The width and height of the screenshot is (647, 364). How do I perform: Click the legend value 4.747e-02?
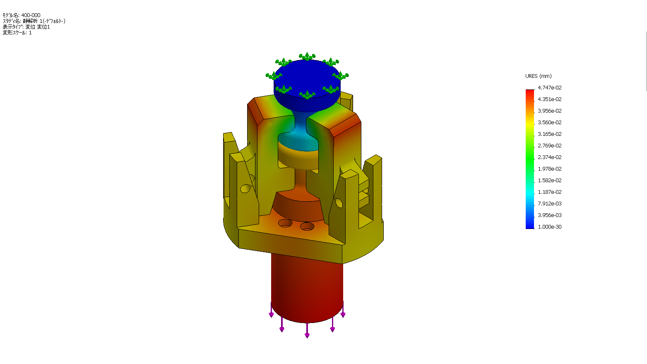coord(549,88)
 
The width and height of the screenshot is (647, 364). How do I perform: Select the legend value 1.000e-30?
coord(549,227)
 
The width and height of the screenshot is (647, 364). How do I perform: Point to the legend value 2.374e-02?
coord(549,157)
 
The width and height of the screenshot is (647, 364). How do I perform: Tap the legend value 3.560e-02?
coord(549,123)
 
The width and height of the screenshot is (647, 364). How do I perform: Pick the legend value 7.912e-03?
coord(549,204)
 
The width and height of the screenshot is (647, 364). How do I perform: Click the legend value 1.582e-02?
coord(549,181)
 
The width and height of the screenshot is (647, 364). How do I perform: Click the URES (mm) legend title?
coord(538,76)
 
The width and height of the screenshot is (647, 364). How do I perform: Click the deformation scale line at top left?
coord(17,33)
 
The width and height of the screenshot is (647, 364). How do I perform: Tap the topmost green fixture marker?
coord(307,57)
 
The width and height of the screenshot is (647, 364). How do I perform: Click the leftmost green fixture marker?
coord(274,76)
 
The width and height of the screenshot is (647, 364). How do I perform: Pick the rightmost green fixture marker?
coord(341,76)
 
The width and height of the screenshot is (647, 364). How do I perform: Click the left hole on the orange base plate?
coord(285,223)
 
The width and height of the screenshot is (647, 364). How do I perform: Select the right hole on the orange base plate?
coord(307,227)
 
